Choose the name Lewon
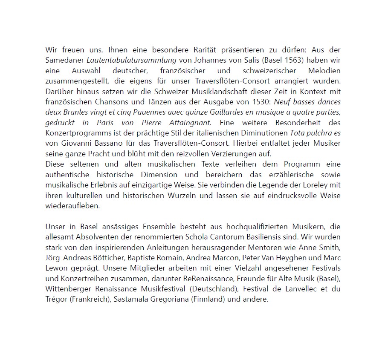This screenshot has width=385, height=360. [57, 268]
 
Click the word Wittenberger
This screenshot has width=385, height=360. [67, 289]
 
